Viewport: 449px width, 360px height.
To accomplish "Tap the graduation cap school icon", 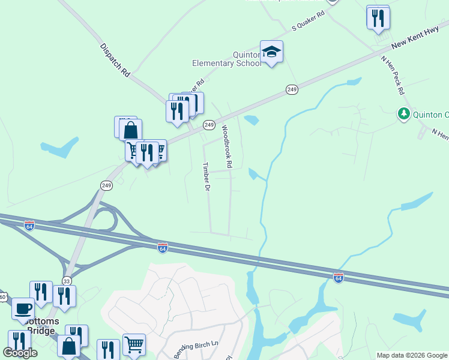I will (x=271, y=52).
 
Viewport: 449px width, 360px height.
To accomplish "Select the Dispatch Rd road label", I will (x=115, y=59).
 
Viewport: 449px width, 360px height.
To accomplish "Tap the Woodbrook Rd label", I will (x=226, y=146).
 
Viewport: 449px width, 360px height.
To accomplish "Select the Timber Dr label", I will (x=206, y=177).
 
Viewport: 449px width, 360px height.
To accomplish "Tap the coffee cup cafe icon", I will (x=23, y=309).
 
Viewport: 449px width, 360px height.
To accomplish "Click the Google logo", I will (x=20, y=352).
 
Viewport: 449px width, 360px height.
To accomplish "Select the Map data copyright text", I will (x=412, y=355).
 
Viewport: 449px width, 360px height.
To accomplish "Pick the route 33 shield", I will (x=67, y=281).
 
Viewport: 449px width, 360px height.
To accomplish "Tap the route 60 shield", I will (x=2, y=297).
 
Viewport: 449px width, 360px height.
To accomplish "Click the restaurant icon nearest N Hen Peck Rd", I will (x=378, y=18).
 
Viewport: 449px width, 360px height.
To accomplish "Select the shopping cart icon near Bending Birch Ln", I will (x=134, y=345).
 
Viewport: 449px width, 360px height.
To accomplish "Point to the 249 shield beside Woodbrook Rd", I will (x=209, y=125).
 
